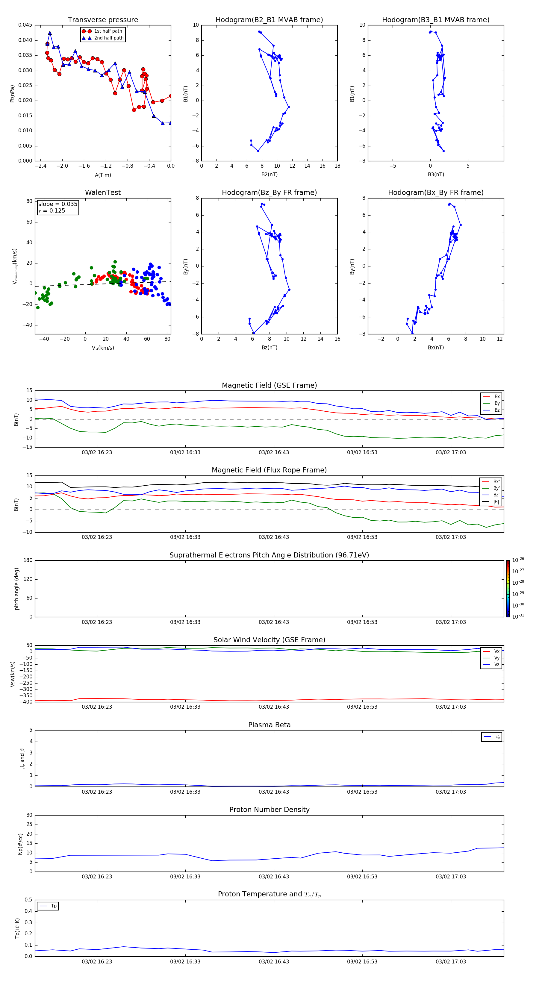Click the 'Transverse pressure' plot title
[x=103, y=20]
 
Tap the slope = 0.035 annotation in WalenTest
[x=57, y=204]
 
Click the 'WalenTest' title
[x=103, y=193]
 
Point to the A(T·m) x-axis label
[x=103, y=175]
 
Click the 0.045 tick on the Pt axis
[x=25, y=25]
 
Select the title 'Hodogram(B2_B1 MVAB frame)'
[x=269, y=20]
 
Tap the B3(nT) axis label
[x=436, y=175]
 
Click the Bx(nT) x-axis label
[x=436, y=348]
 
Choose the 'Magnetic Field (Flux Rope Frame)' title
[x=269, y=470]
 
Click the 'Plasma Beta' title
[x=269, y=725]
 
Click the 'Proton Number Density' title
[x=269, y=810]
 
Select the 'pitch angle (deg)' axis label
[x=16, y=589]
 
